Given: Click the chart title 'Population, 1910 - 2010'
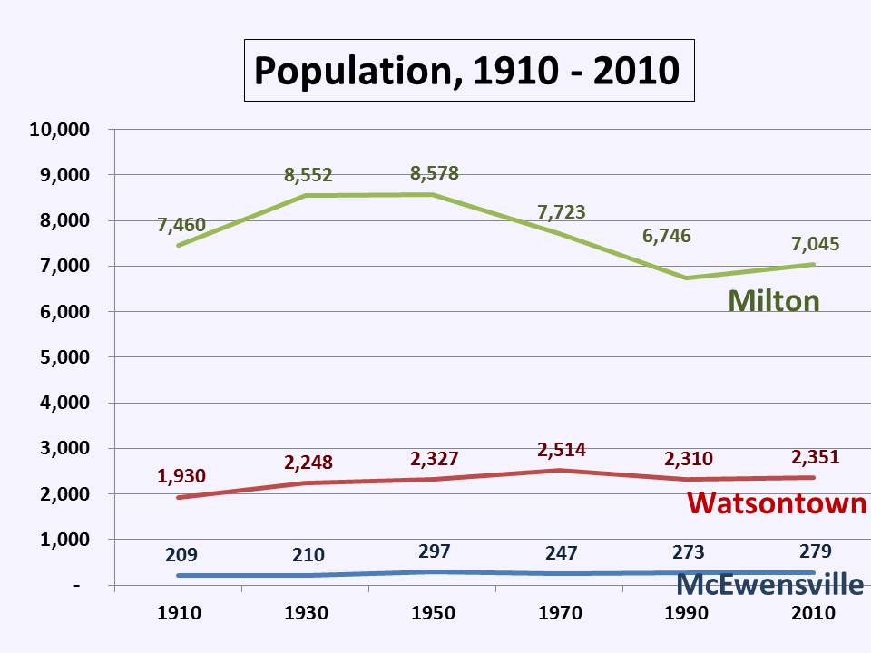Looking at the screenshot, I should point(468,70).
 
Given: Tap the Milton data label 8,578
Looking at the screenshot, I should point(434,173).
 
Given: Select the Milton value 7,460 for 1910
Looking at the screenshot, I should point(181,225).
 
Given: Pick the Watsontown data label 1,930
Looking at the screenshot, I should point(181,474).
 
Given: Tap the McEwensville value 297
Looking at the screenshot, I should point(434,551).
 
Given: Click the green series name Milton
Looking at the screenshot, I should point(774,300).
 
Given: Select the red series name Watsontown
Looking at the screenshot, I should point(777,502).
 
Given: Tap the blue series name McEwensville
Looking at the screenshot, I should point(770,585).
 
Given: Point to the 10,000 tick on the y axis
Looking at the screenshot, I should point(60,130).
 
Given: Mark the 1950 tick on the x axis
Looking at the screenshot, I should point(434,613).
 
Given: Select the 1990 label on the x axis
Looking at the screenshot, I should point(687,613).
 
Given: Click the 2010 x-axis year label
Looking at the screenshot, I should point(814,613).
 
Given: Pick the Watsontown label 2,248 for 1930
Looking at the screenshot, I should point(308,463).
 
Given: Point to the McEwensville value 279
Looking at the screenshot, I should point(814,551).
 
